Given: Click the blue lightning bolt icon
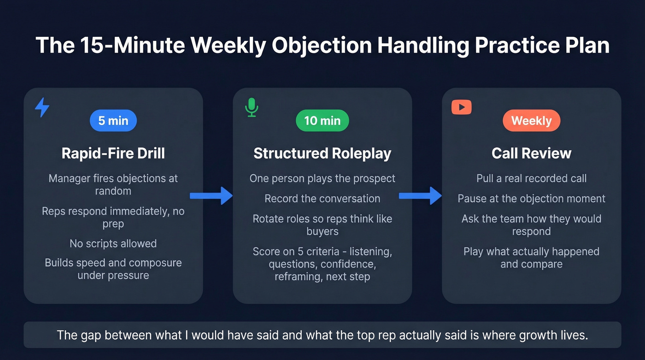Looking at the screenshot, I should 42,107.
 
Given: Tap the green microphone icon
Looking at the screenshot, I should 251,107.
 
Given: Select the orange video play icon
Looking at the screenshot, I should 461,107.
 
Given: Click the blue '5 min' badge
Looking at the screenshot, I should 113,121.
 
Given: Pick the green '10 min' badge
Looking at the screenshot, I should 322,121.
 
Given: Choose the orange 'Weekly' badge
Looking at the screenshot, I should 531,121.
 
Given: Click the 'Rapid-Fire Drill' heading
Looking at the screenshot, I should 113,153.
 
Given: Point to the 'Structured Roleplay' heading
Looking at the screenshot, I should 322,153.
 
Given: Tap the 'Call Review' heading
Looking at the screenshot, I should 531,153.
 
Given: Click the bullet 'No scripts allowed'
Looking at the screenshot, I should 113,243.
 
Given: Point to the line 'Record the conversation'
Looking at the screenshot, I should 322,199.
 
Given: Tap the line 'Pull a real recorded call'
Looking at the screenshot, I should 531,178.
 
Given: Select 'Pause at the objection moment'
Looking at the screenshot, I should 531,199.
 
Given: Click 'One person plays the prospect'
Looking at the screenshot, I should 322,178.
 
